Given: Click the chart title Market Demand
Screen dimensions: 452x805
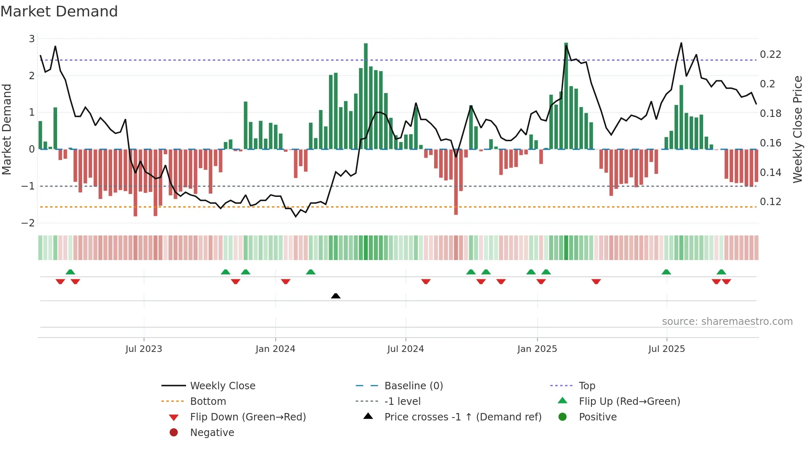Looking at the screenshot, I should [x=59, y=11].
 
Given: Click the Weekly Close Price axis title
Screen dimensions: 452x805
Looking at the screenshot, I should [x=797, y=129].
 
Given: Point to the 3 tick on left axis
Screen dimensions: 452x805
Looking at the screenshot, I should [x=32, y=39].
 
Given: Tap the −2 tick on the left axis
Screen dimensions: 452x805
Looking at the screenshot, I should [x=28, y=223].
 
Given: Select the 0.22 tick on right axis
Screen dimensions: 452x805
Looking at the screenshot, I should [x=770, y=55].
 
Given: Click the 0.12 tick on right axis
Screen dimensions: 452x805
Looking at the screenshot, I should [x=770, y=202].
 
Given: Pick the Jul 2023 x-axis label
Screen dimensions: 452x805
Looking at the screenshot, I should [x=144, y=349].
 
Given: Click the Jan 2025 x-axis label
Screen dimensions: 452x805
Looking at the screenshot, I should [x=537, y=349].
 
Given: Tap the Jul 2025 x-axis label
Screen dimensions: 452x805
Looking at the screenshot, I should [x=667, y=349].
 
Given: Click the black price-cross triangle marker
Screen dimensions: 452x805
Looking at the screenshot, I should [x=336, y=296].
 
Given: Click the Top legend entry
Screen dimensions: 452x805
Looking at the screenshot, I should [x=586, y=386].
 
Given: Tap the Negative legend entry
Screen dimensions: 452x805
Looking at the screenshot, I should [x=212, y=433].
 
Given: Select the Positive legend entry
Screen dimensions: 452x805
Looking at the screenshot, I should [x=598, y=417].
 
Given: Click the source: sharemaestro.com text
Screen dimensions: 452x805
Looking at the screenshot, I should [x=727, y=322].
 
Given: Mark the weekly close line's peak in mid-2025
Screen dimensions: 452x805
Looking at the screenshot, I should [x=681, y=43].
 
